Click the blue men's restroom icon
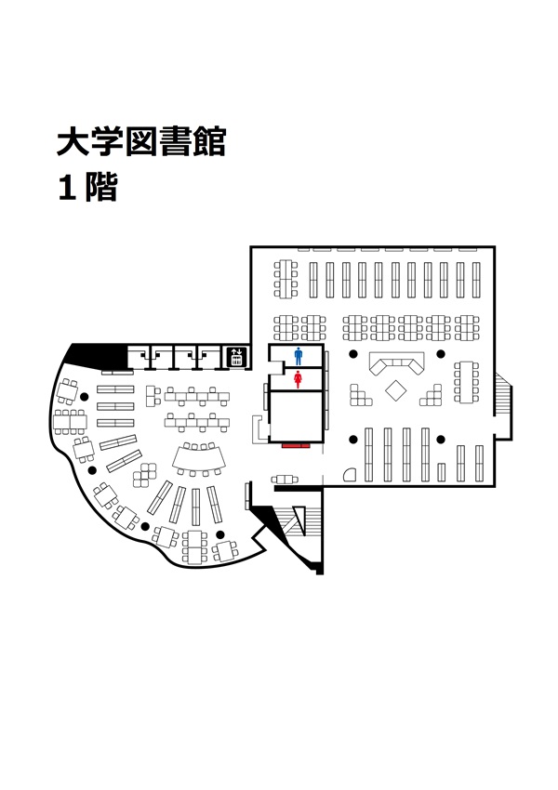click(x=299, y=356)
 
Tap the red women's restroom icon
click(x=298, y=379)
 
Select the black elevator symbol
click(x=236, y=357)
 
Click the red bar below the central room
click(x=296, y=446)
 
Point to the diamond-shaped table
click(x=395, y=390)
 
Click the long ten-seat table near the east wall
click(x=466, y=381)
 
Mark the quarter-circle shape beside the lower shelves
click(x=351, y=475)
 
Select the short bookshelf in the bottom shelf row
click(x=442, y=472)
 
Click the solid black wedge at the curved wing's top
click(x=97, y=356)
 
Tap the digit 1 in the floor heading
click(x=67, y=188)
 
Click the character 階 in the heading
click(x=101, y=188)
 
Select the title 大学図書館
click(x=141, y=141)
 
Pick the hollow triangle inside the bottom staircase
click(x=299, y=520)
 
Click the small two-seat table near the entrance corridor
click(x=285, y=480)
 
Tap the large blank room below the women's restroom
click(x=296, y=416)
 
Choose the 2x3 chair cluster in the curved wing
click(x=145, y=475)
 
